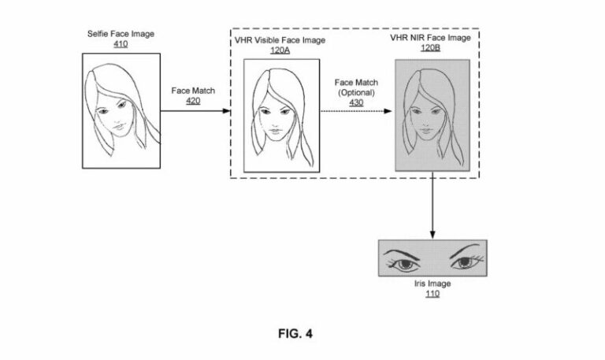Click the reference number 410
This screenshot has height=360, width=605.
point(121,44)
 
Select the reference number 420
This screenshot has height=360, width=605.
point(192,101)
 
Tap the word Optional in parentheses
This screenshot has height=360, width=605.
point(352,92)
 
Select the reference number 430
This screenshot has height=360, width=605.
point(352,102)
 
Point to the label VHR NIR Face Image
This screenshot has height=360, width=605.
point(432,37)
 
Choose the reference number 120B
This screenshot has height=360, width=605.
point(432,47)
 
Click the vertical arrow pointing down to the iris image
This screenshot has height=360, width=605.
point(432,206)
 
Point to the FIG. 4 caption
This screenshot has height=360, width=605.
point(296,333)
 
